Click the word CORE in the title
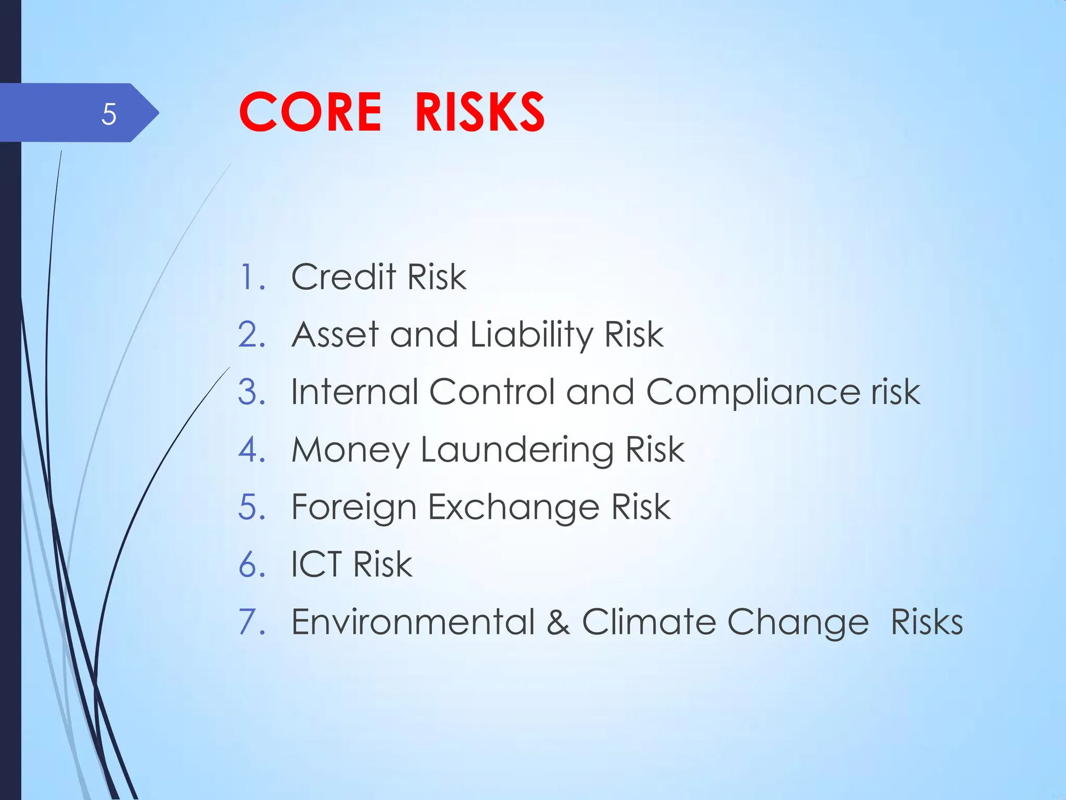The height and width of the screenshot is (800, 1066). click(310, 112)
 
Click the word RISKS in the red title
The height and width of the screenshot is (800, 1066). click(479, 112)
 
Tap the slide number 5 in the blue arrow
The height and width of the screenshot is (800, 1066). click(109, 114)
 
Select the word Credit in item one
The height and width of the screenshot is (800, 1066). click(344, 277)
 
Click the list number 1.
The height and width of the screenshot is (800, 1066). click(250, 277)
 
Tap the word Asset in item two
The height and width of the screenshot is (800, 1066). click(335, 334)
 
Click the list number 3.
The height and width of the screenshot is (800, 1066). click(251, 392)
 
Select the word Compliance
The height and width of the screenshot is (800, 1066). click(753, 393)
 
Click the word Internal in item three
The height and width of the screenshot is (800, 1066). click(354, 392)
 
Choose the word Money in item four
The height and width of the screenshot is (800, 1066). click(350, 450)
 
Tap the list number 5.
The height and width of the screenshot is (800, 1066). click(251, 507)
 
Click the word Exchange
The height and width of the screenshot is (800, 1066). click(513, 507)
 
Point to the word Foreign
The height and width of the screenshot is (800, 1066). click(353, 507)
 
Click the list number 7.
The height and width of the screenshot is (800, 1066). click(251, 622)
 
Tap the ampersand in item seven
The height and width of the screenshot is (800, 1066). click(558, 622)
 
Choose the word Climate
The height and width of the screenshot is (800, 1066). click(648, 622)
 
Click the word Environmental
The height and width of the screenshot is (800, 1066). click(413, 622)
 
